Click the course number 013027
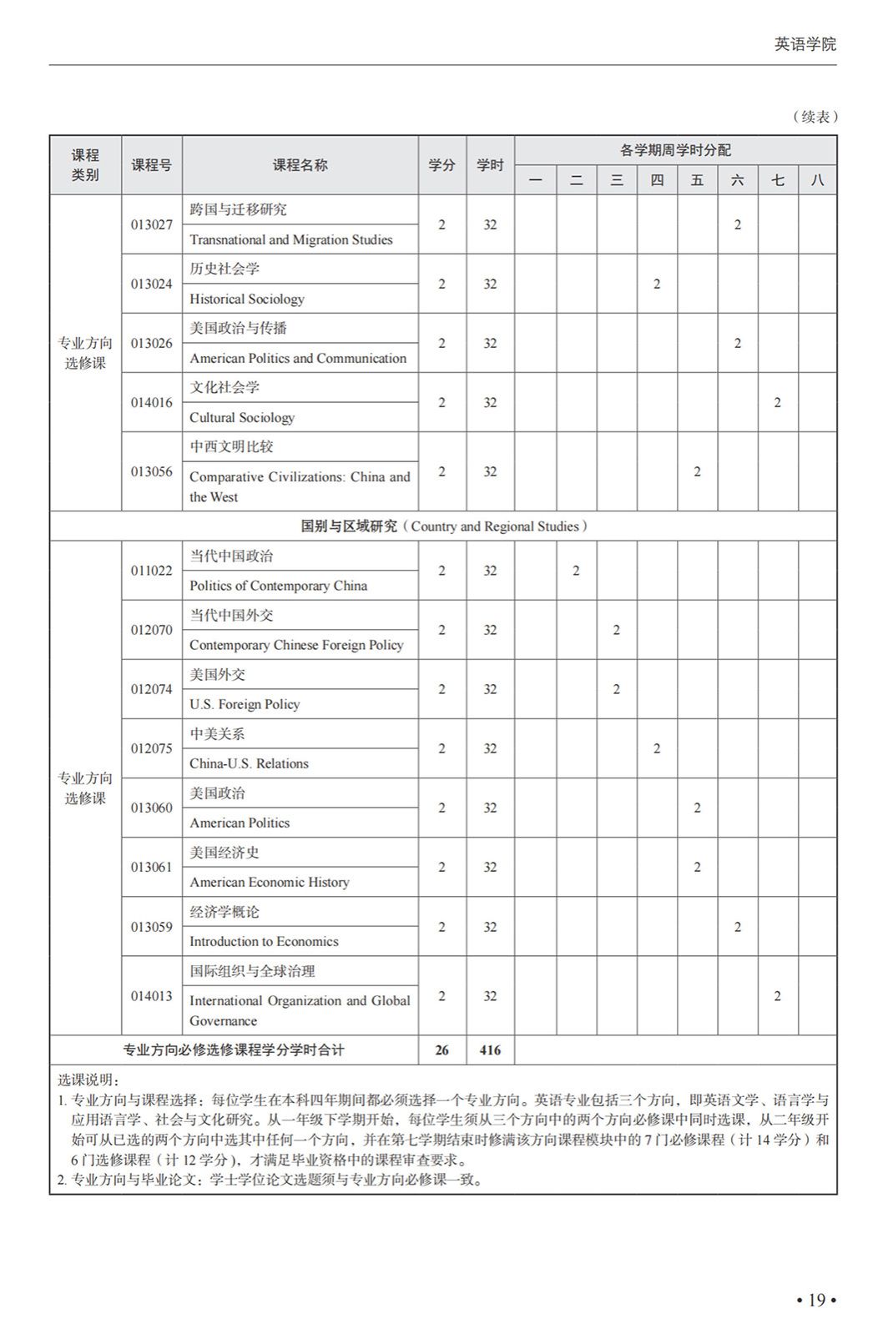click(x=152, y=224)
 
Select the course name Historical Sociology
click(x=247, y=299)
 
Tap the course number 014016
click(x=152, y=402)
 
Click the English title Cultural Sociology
click(x=242, y=417)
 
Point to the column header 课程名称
click(x=300, y=165)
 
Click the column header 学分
click(x=441, y=165)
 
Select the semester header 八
click(x=817, y=180)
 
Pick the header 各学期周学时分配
click(x=675, y=150)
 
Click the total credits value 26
click(x=441, y=1050)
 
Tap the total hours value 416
click(x=490, y=1050)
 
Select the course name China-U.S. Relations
click(x=249, y=763)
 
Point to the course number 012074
click(x=152, y=689)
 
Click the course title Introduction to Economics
click(x=264, y=941)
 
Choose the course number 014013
click(x=152, y=996)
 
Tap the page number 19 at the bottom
click(x=815, y=1300)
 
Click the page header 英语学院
click(x=805, y=44)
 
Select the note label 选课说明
click(x=89, y=1080)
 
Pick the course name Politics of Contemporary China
click(x=278, y=586)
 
